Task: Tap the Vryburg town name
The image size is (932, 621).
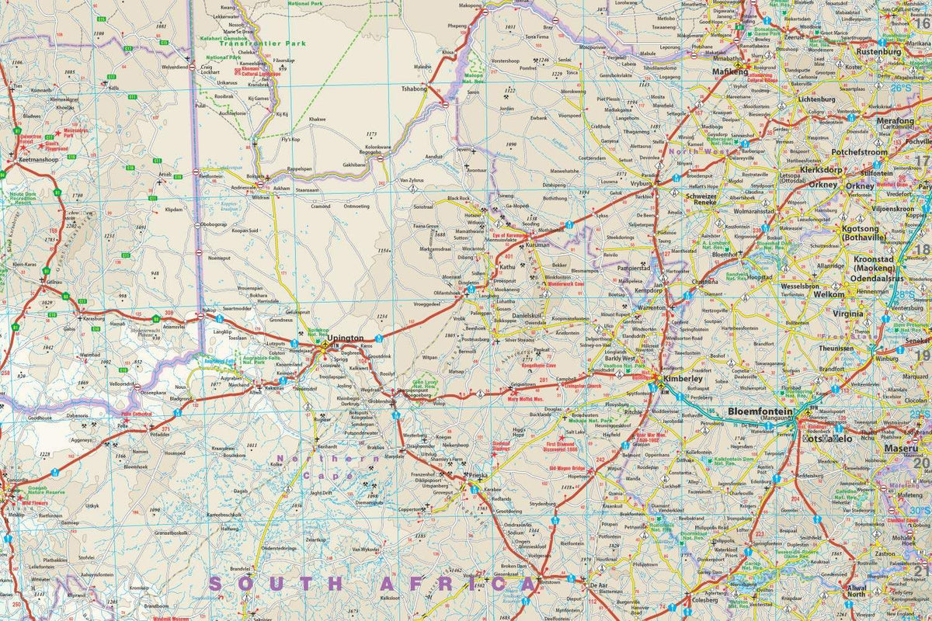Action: pos(642,185)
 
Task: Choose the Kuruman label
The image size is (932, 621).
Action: pos(532,245)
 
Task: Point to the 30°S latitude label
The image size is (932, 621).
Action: pos(920,510)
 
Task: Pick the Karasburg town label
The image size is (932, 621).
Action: pos(93,319)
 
